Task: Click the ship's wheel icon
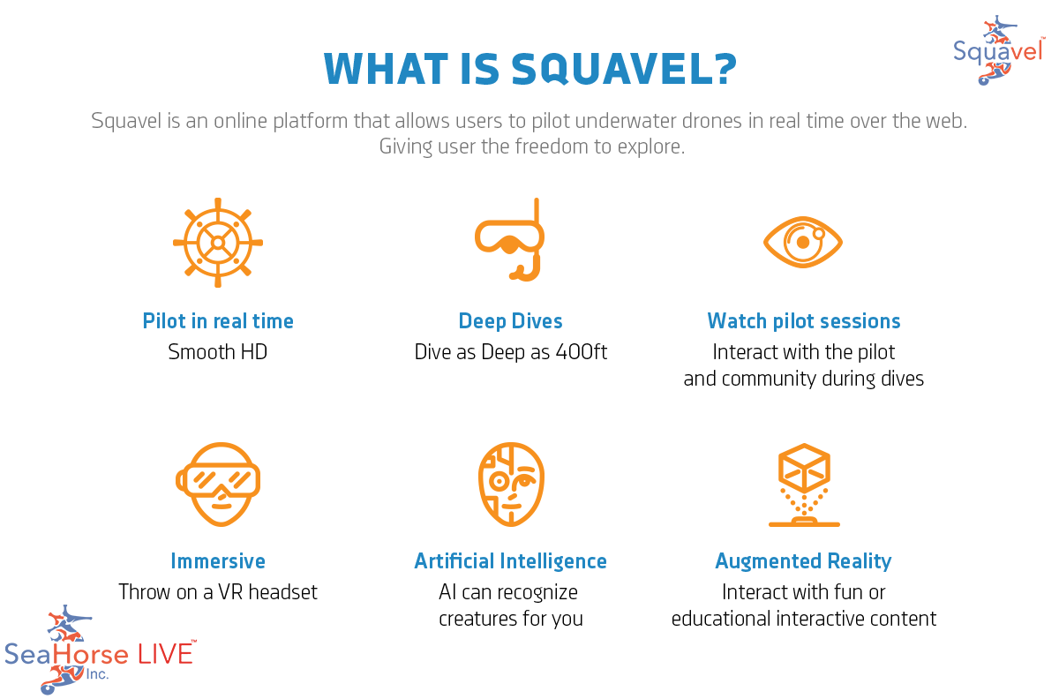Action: [x=217, y=242]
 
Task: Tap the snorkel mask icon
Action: [x=510, y=241]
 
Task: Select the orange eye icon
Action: [x=802, y=241]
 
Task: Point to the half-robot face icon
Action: [x=510, y=485]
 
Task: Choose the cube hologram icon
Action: [x=803, y=485]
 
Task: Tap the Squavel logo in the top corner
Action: [x=998, y=50]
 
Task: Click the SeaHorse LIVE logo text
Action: [x=99, y=654]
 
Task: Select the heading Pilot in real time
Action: [x=218, y=321]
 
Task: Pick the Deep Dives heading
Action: [x=510, y=321]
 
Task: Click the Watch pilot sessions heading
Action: [x=804, y=321]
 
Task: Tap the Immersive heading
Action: [x=218, y=561]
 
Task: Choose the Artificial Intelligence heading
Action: [x=510, y=561]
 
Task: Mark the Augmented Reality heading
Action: [x=803, y=561]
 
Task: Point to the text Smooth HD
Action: [x=218, y=353]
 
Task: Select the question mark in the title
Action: [x=722, y=69]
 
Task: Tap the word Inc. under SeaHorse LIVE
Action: [x=96, y=674]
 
